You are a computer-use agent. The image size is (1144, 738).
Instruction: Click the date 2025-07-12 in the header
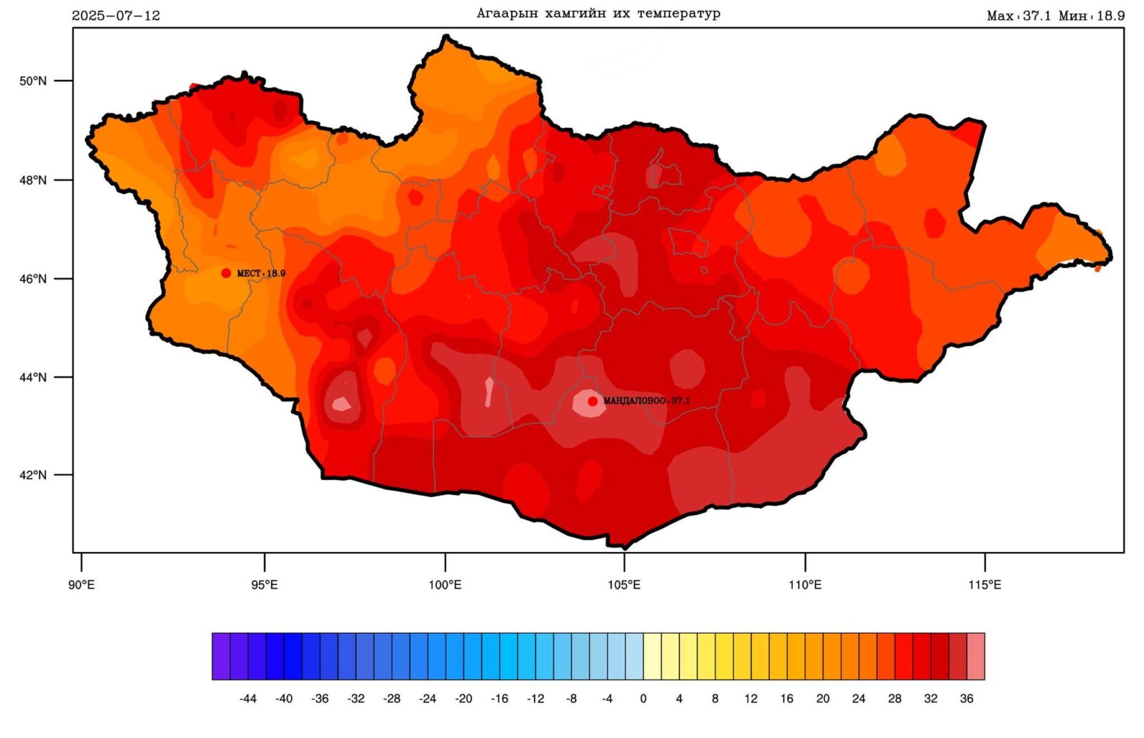[116, 16]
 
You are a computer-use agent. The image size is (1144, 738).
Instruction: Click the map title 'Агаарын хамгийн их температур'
[598, 14]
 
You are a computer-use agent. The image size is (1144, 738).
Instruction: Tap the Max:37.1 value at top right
[1018, 16]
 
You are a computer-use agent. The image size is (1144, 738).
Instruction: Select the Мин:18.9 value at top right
[1092, 16]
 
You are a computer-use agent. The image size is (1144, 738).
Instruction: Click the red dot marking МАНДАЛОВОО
[593, 401]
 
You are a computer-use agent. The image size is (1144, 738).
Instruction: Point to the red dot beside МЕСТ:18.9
[226, 273]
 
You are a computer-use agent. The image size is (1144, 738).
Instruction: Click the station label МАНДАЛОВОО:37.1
[647, 401]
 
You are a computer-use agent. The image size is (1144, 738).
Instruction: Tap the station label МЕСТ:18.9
[261, 273]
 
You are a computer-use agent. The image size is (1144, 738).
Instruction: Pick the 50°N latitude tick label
[33, 81]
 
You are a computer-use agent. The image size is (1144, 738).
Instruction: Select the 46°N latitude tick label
[33, 279]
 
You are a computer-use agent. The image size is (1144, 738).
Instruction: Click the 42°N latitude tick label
[33, 475]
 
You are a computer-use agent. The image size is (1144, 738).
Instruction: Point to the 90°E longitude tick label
[82, 585]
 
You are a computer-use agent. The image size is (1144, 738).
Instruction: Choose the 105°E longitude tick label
[624, 585]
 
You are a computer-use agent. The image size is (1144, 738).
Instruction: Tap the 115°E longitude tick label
[985, 585]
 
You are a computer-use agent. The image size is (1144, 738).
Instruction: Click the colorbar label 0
[643, 699]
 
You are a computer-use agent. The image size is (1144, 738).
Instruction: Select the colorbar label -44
[247, 699]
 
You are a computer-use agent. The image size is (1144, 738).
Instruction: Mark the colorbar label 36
[967, 699]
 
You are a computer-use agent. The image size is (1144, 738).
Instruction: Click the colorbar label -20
[463, 699]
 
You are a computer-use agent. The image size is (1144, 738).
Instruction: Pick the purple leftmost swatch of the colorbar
[221, 656]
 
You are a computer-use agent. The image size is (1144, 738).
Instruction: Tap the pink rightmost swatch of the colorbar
[976, 656]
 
